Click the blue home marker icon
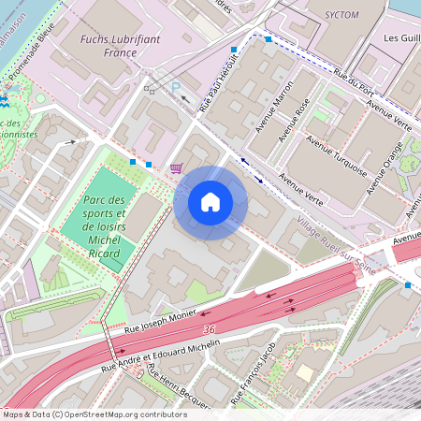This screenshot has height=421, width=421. point(210,202)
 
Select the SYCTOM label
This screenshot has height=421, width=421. point(340,16)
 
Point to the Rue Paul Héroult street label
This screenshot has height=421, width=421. point(218,83)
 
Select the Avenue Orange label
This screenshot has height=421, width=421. point(385,167)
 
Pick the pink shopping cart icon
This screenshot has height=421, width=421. point(176,168)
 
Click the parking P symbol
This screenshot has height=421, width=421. point(175,86)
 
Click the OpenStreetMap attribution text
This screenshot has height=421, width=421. point(94,414)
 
